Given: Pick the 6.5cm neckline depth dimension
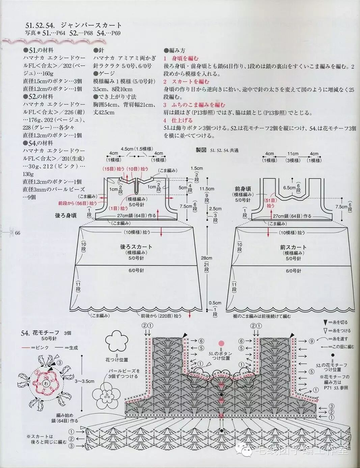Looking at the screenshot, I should [x=289, y=187].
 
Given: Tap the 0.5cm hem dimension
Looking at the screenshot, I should [x=215, y=303].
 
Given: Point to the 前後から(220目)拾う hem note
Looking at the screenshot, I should [x=161, y=316].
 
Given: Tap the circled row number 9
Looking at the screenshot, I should [x=311, y=341].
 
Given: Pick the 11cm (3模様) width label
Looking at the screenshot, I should [x=293, y=157].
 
